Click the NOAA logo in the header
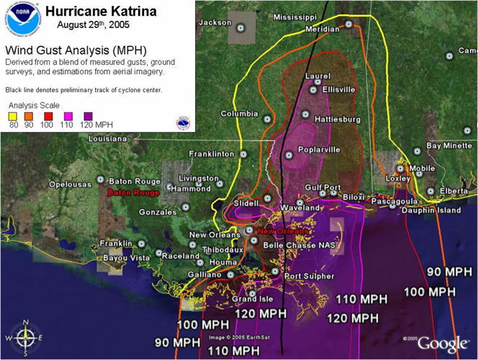22,19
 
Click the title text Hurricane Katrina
100,12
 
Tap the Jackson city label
215,23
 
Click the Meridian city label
322,30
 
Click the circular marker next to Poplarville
289,155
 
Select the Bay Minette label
449,145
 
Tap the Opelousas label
71,184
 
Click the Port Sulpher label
309,276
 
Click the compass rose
24,337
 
